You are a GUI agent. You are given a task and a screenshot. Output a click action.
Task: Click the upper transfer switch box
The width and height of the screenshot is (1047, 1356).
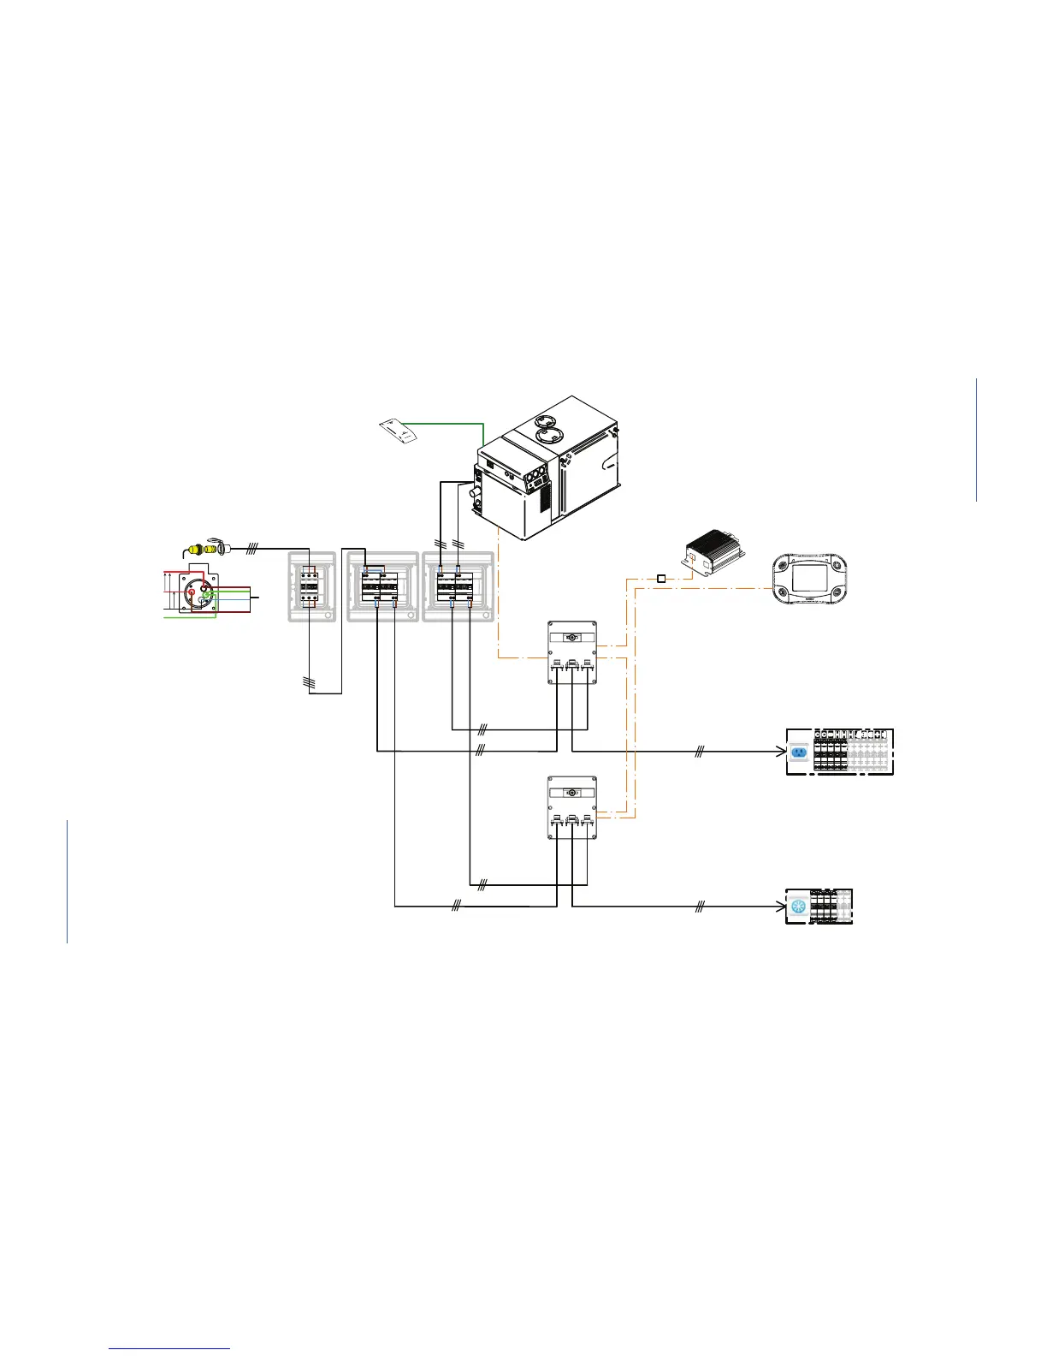[x=571, y=652]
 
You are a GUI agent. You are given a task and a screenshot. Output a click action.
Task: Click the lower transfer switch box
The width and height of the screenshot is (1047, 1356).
[x=571, y=807]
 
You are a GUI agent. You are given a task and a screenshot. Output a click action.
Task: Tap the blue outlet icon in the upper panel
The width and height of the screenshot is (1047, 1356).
[x=799, y=752]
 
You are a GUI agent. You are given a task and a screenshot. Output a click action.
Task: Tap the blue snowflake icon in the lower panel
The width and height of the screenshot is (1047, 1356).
[x=799, y=907]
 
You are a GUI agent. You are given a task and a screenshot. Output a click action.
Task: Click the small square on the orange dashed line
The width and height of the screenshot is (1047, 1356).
[x=661, y=580]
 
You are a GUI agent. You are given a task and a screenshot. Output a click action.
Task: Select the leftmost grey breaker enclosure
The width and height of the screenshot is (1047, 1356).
[x=311, y=586]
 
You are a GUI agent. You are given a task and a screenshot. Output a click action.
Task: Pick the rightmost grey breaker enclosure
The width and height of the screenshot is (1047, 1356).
[x=458, y=586]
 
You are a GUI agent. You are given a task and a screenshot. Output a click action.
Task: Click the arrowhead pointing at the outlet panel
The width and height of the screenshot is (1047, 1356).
[x=780, y=752]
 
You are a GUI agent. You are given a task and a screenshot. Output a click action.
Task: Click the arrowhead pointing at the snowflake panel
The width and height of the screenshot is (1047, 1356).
[x=780, y=907]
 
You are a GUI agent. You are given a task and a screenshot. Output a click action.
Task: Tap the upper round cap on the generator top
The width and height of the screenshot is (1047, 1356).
[x=552, y=421]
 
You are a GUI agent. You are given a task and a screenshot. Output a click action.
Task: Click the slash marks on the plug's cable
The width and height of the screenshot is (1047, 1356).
[x=251, y=548]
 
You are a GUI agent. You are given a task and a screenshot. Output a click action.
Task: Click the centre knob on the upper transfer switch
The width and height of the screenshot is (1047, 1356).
[x=571, y=638]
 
